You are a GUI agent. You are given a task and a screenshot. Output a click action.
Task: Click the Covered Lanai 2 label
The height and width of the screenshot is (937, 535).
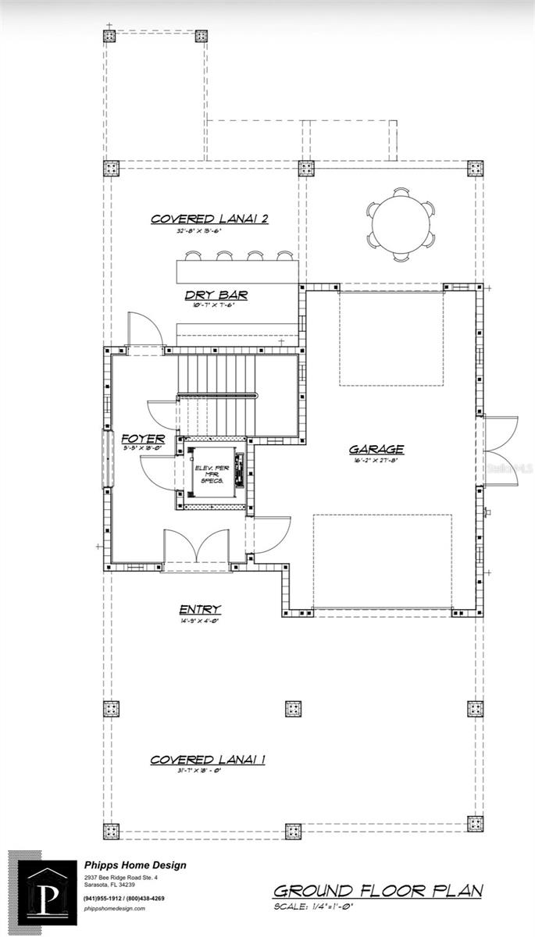click(209, 219)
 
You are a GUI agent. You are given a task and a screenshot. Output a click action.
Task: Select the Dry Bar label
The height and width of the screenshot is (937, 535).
click(216, 294)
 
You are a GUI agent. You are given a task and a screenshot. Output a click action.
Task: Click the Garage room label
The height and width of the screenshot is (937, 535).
click(376, 449)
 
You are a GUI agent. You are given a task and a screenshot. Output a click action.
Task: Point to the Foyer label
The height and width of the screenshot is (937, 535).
click(143, 438)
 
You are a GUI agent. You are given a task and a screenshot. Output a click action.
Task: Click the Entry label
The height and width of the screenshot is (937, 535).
click(200, 609)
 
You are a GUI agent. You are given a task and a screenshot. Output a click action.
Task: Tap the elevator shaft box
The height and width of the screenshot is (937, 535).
click(213, 476)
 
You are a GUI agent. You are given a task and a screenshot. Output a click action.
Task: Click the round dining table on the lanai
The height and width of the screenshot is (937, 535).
click(401, 224)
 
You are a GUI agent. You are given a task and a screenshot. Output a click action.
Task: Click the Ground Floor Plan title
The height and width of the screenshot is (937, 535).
click(378, 891)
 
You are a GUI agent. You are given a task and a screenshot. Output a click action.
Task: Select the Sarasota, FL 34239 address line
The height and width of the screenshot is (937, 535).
click(109, 885)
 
